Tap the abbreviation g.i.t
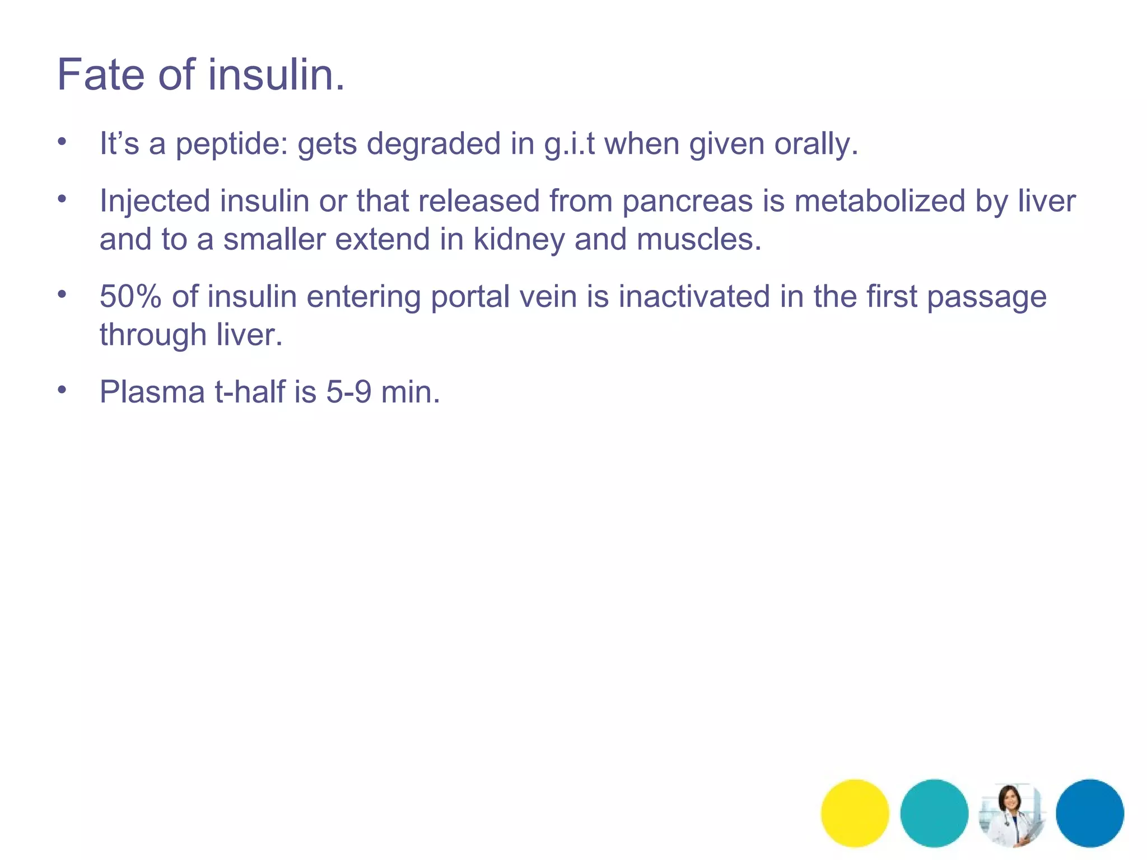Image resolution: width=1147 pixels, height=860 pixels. pyautogui.click(x=569, y=144)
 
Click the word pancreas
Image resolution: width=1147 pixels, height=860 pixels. pyautogui.click(x=688, y=202)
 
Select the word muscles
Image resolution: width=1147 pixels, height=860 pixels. pyautogui.click(x=699, y=240)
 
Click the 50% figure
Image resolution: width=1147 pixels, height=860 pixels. pyautogui.click(x=130, y=296)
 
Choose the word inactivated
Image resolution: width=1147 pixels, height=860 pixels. pyautogui.click(x=694, y=296)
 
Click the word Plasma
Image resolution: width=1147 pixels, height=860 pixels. pyautogui.click(x=152, y=392)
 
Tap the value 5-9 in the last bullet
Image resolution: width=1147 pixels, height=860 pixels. pyautogui.click(x=349, y=392)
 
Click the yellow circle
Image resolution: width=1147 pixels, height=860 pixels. pyautogui.click(x=855, y=813)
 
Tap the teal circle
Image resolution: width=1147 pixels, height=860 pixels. pyautogui.click(x=934, y=813)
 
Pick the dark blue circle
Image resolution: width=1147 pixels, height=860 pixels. pyautogui.click(x=1090, y=813)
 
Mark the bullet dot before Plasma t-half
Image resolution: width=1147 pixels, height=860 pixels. pyautogui.click(x=62, y=390)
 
